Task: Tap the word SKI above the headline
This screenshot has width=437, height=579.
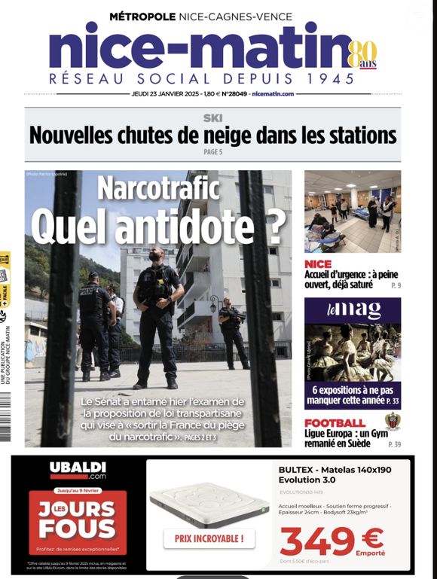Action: coord(212,117)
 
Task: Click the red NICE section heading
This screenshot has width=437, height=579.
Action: coord(318,264)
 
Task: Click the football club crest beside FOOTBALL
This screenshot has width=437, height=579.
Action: coord(391,422)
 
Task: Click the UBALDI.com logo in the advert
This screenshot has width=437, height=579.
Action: coord(78,471)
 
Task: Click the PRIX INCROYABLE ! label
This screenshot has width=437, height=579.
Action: coord(209,538)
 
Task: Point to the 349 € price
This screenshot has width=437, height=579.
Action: coord(332,539)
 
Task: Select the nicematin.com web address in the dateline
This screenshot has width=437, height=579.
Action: coord(273,94)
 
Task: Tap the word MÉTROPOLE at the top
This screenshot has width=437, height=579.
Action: coord(142,16)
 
